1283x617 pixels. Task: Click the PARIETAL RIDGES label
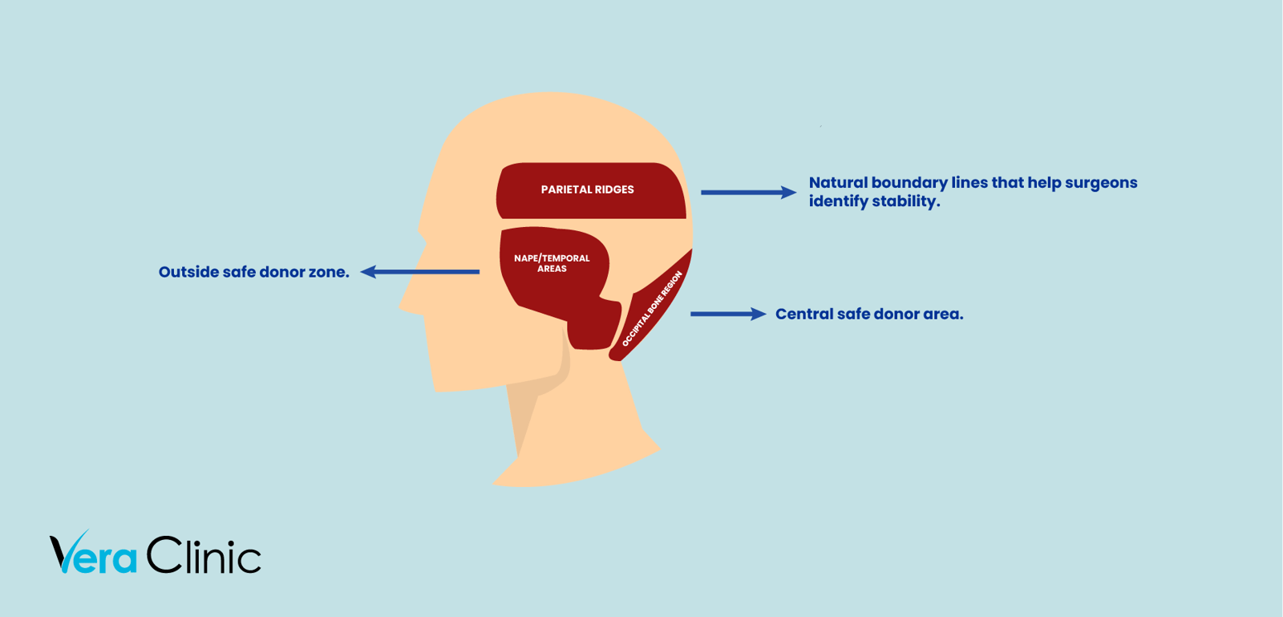587,189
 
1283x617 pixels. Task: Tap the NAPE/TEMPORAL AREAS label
552,263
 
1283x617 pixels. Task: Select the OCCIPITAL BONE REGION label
653,308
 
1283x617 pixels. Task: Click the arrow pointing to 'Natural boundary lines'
749,193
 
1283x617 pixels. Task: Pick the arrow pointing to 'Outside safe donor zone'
420,271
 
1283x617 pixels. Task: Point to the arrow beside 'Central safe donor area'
728,314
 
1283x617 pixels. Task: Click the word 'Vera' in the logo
93,552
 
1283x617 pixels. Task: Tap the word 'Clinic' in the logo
204,554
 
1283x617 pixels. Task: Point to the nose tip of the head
401,308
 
